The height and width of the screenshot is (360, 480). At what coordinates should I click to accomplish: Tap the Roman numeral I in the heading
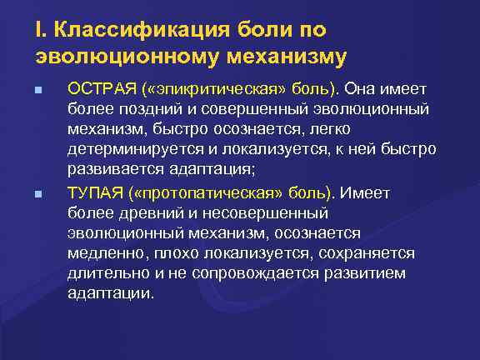(39, 32)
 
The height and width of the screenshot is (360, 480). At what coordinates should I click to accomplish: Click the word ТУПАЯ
(95, 193)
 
